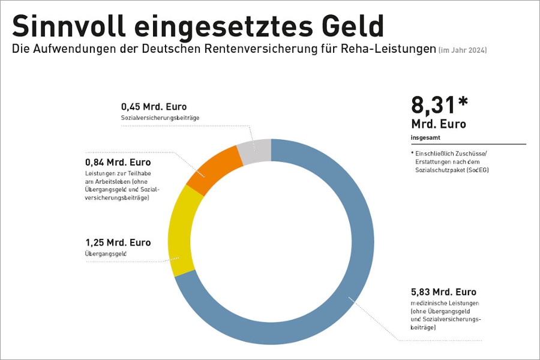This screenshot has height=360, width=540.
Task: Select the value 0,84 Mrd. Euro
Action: click(118, 163)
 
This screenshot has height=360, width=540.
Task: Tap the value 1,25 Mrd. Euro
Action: click(118, 242)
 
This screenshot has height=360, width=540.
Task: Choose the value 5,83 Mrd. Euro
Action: click(443, 292)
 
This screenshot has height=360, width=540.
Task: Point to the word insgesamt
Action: click(425, 137)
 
